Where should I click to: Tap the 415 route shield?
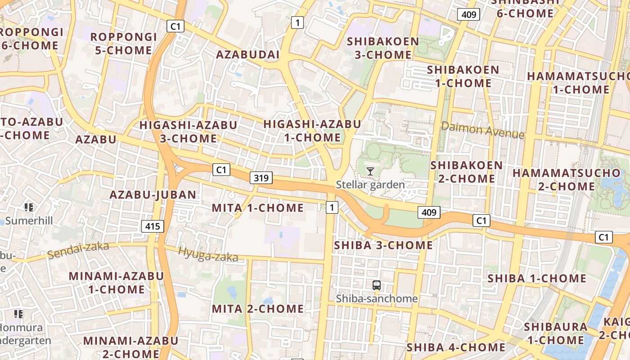[x=153, y=226]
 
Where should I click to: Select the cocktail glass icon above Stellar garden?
[x=370, y=171]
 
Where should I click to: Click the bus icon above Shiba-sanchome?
[x=377, y=285]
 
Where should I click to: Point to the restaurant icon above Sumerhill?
[x=29, y=207]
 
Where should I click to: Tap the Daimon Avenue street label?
[x=482, y=130]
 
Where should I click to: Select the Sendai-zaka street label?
[x=78, y=250]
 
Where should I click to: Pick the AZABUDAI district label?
[x=248, y=55]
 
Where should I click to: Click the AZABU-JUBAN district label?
[x=153, y=195]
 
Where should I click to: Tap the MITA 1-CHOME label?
[x=258, y=208]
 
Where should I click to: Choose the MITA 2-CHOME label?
[x=258, y=309]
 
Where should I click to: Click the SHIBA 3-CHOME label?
[x=383, y=245]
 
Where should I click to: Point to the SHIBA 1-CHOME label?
[x=537, y=279]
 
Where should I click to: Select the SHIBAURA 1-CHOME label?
[x=556, y=333]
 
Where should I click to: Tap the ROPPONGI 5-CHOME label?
[x=123, y=44]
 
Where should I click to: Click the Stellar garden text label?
[x=370, y=184]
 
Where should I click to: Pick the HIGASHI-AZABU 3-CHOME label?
[x=188, y=131]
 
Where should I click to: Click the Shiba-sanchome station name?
[x=377, y=298]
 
